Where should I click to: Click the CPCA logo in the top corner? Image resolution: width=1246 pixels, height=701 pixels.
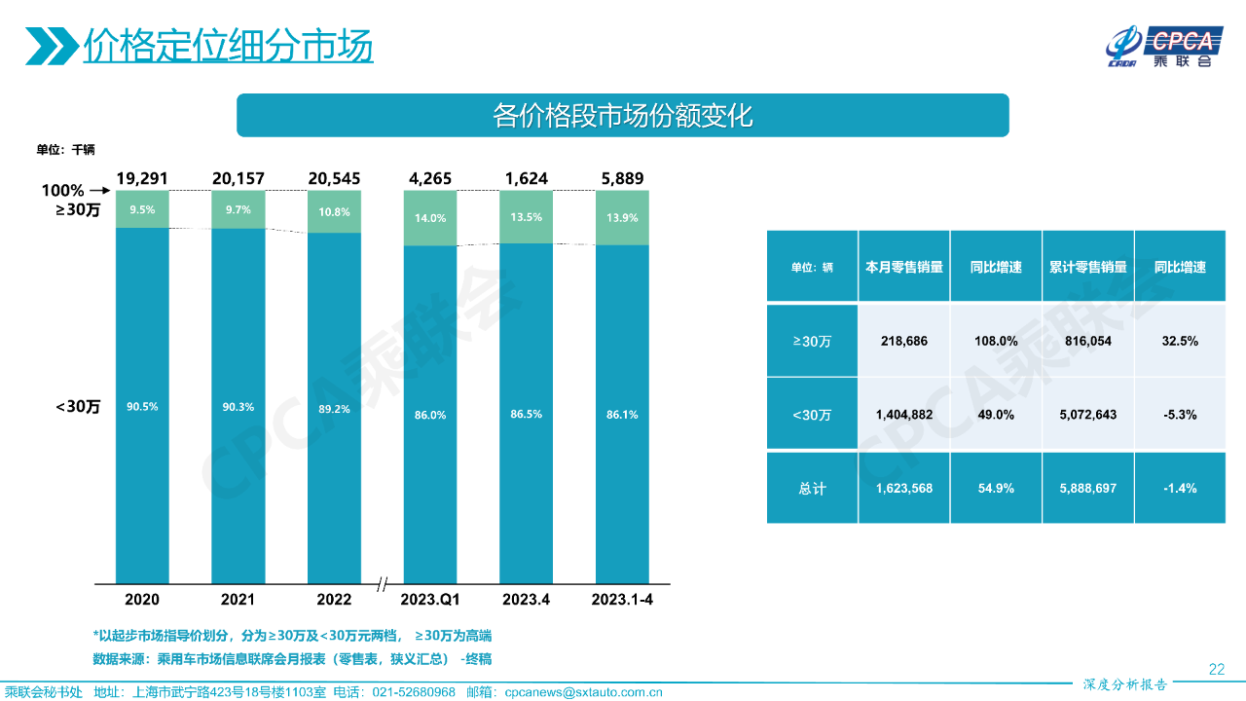[x=1161, y=46]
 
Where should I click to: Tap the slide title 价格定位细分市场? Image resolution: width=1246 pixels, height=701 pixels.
[x=228, y=46]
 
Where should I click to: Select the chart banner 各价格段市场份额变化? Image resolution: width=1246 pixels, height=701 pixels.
[x=623, y=116]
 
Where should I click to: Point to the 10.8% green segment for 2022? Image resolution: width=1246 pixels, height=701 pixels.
[x=334, y=211]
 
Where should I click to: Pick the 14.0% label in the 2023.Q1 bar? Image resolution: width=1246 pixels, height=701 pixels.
[x=430, y=218]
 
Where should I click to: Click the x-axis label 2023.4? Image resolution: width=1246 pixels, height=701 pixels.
[x=526, y=600]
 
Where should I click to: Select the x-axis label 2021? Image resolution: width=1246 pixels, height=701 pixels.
[x=238, y=600]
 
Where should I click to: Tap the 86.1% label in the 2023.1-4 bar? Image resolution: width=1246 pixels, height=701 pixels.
[x=622, y=415]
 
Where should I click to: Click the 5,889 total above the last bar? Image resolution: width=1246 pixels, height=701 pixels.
[x=622, y=179]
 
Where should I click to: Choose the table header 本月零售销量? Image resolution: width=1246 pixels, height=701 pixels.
[x=904, y=267]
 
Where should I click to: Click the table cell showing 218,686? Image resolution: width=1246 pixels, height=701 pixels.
[x=904, y=342]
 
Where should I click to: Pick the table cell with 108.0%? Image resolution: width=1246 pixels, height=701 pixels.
[x=996, y=342]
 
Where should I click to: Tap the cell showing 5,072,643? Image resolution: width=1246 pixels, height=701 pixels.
[x=1087, y=415]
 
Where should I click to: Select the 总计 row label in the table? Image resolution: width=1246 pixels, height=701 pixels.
[x=812, y=488]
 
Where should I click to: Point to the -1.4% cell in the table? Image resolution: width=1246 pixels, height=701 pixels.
[x=1180, y=488]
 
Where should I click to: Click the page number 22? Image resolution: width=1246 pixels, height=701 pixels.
[x=1216, y=669]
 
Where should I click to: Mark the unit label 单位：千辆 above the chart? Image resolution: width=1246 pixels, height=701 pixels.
[x=65, y=150]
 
